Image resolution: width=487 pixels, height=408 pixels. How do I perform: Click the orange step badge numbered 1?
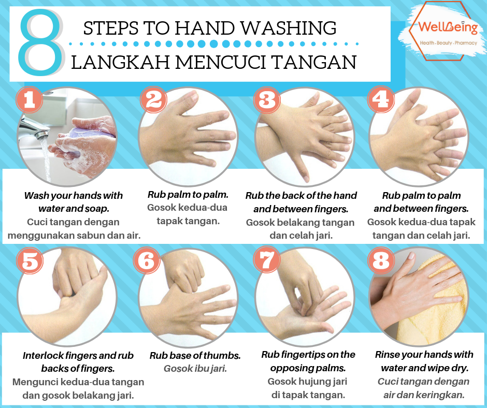[29, 100]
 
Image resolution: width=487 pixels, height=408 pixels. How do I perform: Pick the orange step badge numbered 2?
[153, 100]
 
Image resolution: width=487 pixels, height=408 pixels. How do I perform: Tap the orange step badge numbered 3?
[267, 100]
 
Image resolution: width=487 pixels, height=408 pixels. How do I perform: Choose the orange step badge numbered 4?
[381, 100]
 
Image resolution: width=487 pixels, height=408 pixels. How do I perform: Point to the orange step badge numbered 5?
[30, 261]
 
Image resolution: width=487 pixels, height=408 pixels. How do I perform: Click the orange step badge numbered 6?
[147, 261]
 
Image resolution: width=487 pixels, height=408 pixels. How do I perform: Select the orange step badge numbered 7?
[267, 261]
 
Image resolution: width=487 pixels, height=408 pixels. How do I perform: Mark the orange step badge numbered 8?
[381, 261]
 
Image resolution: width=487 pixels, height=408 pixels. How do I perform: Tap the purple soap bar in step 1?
[83, 134]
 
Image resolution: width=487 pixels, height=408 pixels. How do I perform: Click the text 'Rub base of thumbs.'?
[195, 356]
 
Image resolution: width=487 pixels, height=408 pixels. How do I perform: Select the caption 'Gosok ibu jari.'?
[195, 369]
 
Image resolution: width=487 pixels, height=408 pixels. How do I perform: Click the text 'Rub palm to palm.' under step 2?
[188, 195]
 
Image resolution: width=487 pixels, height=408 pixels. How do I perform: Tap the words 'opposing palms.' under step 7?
[308, 368]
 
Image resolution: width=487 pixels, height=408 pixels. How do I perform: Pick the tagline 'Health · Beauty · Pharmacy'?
[448, 43]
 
